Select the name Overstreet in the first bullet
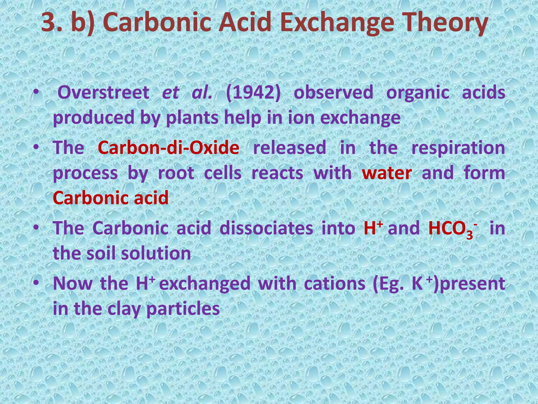103,93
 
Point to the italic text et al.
187,93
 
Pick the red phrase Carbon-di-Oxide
168,148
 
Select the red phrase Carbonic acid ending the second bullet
111,198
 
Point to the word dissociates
266,228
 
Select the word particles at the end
183,309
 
